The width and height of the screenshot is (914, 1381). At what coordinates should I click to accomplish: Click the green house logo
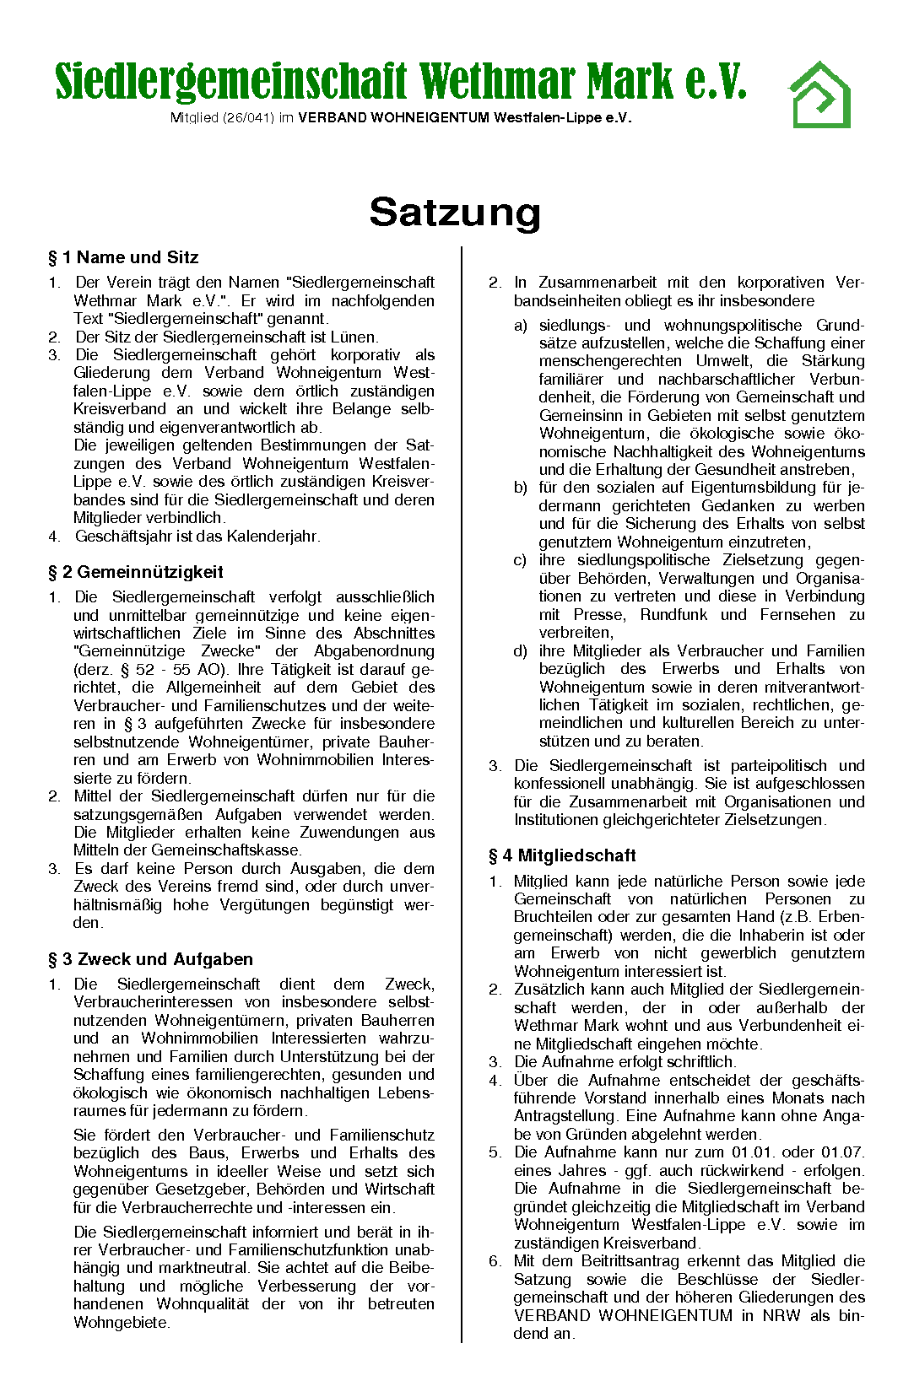pyautogui.click(x=819, y=94)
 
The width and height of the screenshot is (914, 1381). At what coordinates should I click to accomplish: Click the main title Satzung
pyautogui.click(x=455, y=212)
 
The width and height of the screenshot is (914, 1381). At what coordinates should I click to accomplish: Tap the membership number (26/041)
pyautogui.click(x=248, y=118)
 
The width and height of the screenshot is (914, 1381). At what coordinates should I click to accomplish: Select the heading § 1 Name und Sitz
pyautogui.click(x=123, y=257)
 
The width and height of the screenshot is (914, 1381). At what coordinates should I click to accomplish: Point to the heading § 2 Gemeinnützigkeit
pyautogui.click(x=136, y=572)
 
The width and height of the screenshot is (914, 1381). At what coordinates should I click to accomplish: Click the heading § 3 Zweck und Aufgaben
pyautogui.click(x=150, y=959)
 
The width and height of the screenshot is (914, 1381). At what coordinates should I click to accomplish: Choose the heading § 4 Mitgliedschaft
pyautogui.click(x=562, y=855)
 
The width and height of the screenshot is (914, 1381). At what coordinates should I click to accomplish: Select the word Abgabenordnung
pyautogui.click(x=374, y=651)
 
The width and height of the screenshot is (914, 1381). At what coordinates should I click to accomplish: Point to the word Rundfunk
pyautogui.click(x=673, y=614)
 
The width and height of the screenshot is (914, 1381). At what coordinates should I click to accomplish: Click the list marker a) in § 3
pyautogui.click(x=521, y=326)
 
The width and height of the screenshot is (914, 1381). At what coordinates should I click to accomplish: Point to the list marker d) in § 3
pyautogui.click(x=521, y=651)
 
